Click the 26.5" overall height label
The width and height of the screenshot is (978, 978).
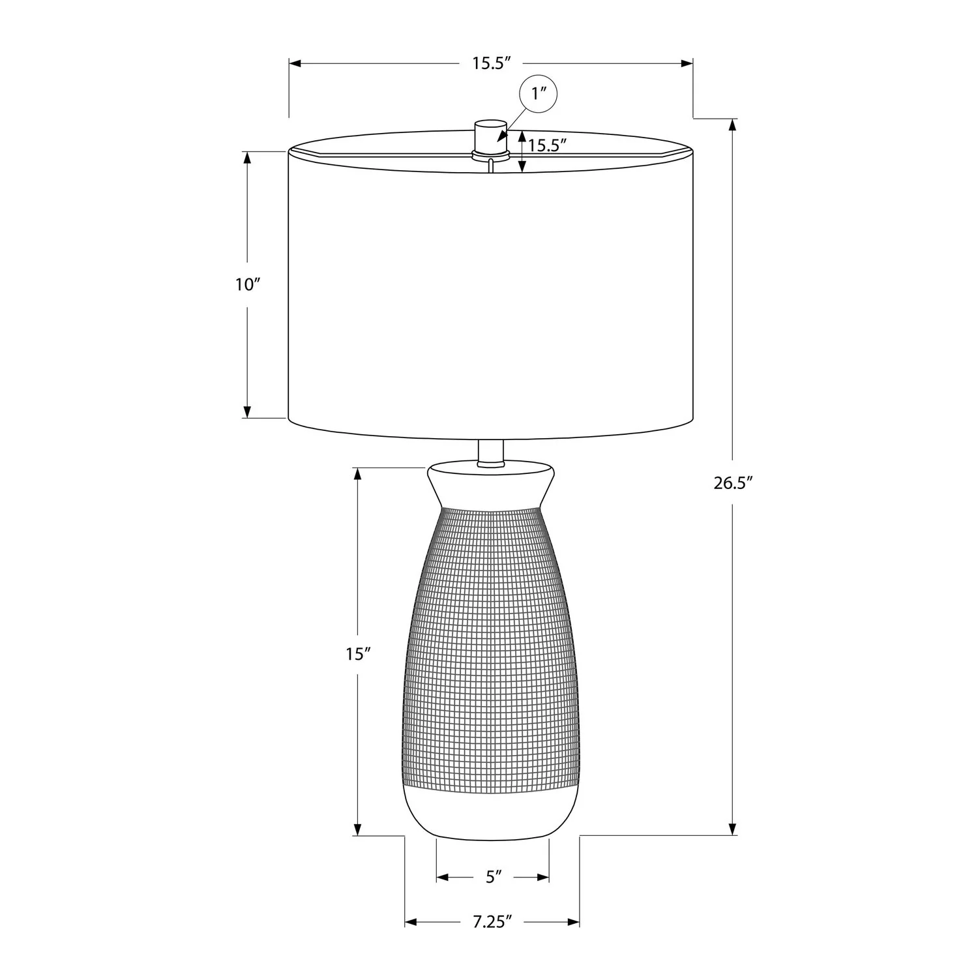(x=733, y=483)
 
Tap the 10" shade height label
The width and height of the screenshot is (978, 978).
(x=248, y=284)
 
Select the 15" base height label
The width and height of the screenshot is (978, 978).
(x=358, y=654)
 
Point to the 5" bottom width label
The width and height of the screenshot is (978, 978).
(x=494, y=877)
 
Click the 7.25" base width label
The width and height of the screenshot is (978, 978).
(x=492, y=922)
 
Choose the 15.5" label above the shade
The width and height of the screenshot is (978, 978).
(x=491, y=63)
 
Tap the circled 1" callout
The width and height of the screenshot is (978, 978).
(x=539, y=94)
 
